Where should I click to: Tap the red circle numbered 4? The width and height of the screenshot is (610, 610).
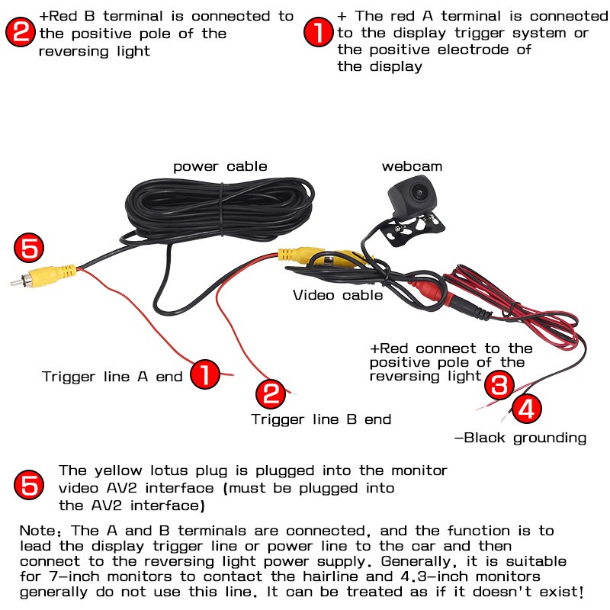(x=526, y=410)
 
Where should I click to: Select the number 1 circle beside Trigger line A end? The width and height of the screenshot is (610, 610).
(x=204, y=374)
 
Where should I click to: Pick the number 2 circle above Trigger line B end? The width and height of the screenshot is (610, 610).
(x=270, y=393)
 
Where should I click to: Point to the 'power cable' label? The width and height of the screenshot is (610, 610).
(x=220, y=166)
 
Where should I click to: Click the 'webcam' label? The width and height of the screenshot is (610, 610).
(x=412, y=166)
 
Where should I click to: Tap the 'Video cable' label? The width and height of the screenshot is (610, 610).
(x=338, y=294)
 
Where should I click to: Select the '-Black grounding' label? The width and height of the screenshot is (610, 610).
(x=520, y=438)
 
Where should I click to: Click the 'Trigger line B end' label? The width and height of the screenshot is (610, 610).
(x=321, y=419)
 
